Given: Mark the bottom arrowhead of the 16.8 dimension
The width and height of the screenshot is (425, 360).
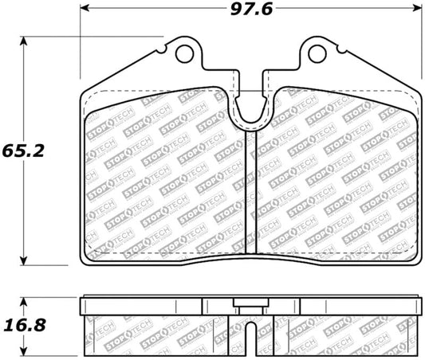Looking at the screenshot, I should (x=26, y=354).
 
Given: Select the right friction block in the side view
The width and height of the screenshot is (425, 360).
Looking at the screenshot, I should (x=343, y=331).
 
